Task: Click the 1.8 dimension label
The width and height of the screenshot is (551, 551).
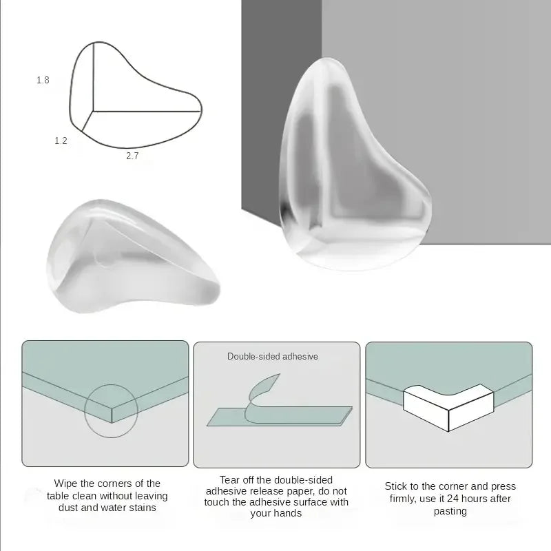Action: tap(43, 81)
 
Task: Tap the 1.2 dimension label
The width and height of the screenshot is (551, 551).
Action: tap(61, 141)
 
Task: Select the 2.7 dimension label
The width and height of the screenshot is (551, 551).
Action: tap(132, 156)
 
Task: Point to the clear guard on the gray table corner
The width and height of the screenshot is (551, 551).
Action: tap(355, 165)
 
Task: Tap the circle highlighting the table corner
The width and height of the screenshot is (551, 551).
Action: tap(111, 411)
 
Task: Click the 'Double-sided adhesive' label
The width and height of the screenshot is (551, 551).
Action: tap(272, 357)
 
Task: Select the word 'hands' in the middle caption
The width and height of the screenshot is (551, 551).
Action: tap(288, 513)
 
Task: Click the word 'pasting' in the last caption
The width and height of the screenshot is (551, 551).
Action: tap(450, 511)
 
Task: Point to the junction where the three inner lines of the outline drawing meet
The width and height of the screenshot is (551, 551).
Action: tap(92, 110)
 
